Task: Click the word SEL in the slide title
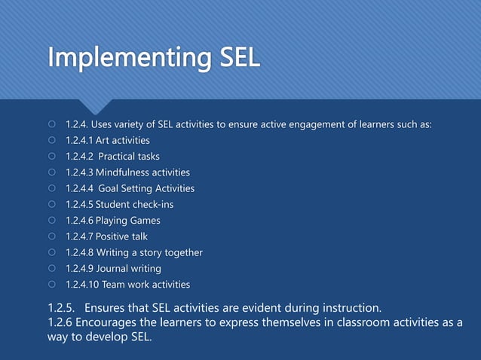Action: tap(236, 57)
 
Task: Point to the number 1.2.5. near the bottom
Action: tap(62, 308)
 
